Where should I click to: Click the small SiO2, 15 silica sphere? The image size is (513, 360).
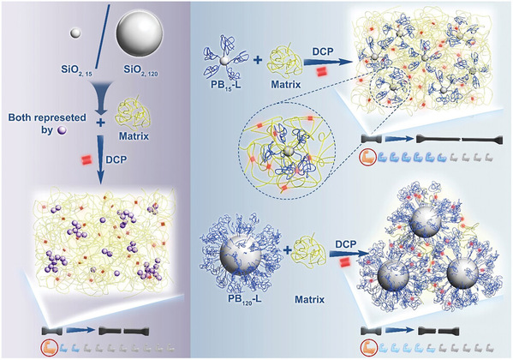[x=75, y=33]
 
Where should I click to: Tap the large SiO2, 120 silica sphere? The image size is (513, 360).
[x=140, y=34]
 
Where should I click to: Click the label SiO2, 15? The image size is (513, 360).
[x=77, y=70]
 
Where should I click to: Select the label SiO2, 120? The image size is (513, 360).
[x=140, y=70]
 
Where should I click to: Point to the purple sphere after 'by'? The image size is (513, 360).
[x=62, y=130]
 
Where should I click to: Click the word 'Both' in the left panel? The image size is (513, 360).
[x=20, y=117]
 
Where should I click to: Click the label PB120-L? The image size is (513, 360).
[x=244, y=299]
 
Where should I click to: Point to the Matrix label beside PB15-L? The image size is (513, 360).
[x=285, y=85]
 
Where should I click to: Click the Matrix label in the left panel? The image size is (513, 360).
[x=134, y=136]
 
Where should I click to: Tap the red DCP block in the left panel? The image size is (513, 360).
[x=86, y=160]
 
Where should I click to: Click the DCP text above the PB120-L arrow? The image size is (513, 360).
[x=346, y=244]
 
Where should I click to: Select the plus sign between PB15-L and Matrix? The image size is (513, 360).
[x=258, y=60]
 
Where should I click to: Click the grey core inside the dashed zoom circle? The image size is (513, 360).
[x=288, y=152]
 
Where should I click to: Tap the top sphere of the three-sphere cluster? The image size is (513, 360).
[x=426, y=223]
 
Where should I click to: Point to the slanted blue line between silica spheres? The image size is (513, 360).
[x=103, y=37]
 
